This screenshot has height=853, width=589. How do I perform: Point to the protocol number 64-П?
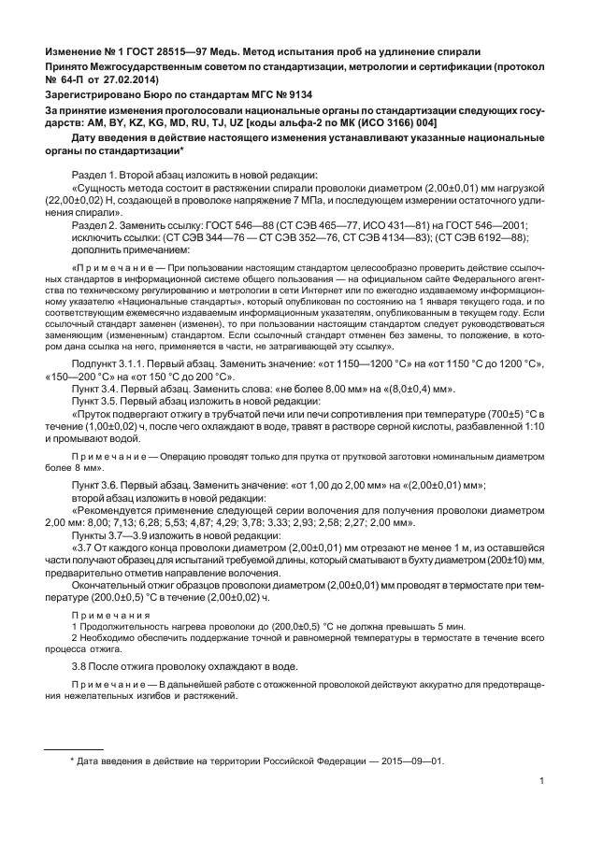pos(72,81)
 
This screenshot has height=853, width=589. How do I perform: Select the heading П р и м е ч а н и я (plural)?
pos(112,615)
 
